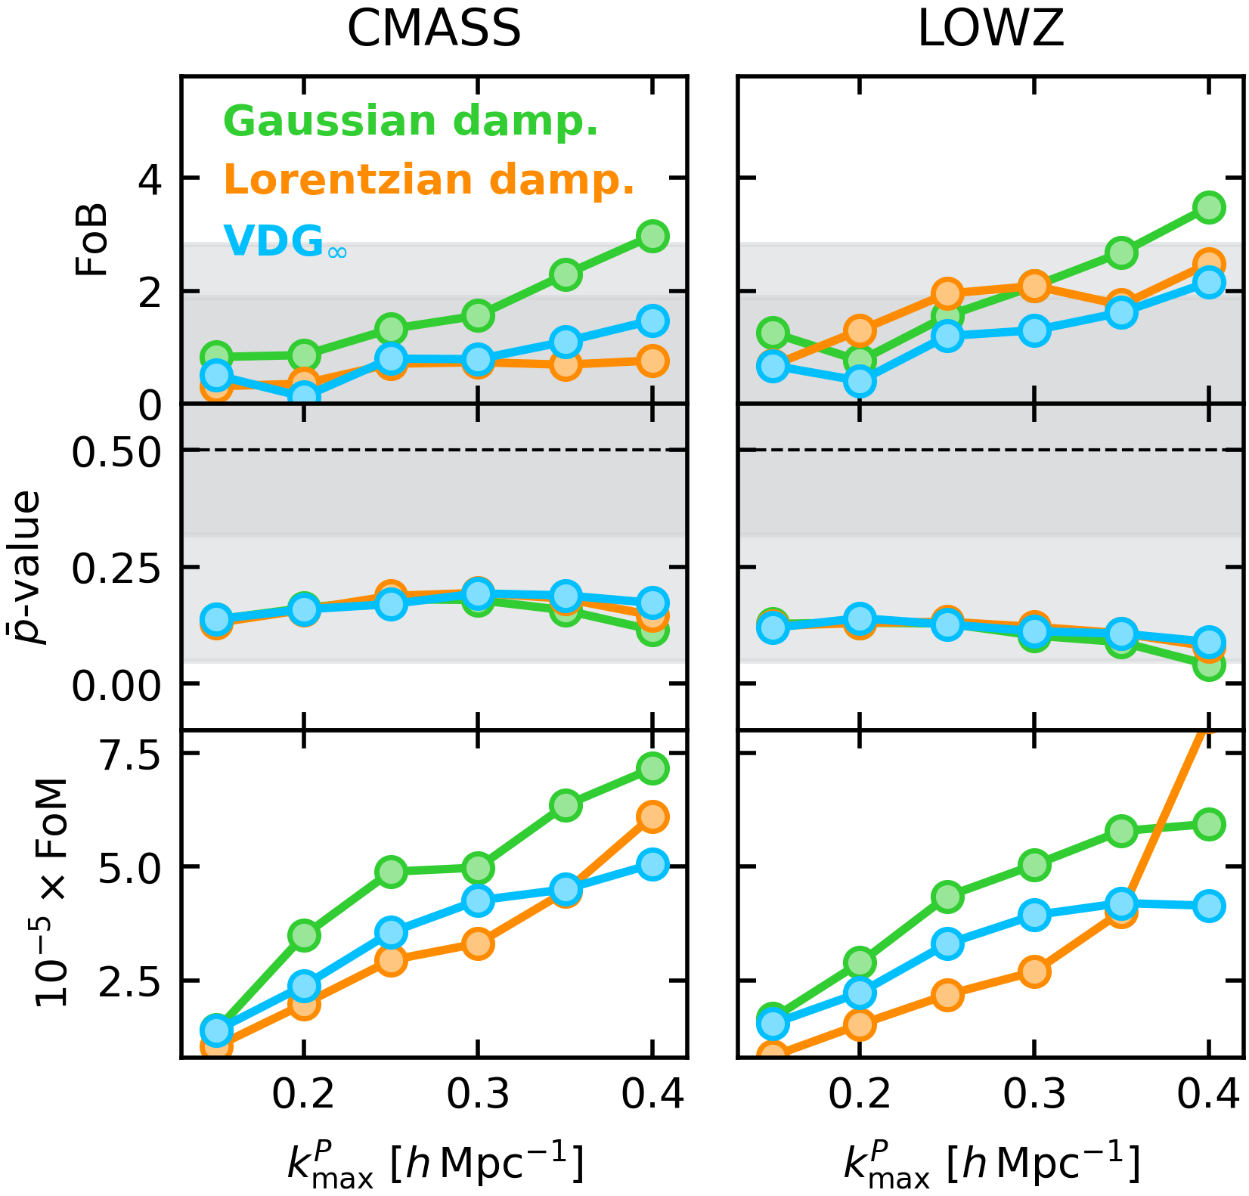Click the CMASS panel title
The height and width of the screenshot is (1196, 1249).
tap(434, 30)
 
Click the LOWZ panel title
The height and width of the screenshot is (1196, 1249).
tap(990, 30)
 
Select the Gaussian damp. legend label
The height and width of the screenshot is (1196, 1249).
tap(411, 122)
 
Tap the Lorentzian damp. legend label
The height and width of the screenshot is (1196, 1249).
tap(429, 181)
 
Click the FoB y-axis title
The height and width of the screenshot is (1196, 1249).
tap(92, 240)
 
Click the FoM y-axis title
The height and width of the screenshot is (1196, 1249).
tap(53, 892)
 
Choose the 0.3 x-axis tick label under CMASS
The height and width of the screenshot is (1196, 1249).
tap(477, 1094)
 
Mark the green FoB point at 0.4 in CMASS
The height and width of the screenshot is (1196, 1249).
tap(652, 236)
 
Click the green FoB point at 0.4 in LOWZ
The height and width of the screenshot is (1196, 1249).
tap(1209, 206)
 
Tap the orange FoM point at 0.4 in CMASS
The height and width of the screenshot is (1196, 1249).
tap(652, 816)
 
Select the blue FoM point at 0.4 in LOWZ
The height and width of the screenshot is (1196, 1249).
tap(1209, 905)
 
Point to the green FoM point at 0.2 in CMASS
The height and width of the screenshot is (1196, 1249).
tap(304, 935)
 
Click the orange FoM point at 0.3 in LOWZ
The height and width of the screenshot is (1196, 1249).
tap(1034, 971)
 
